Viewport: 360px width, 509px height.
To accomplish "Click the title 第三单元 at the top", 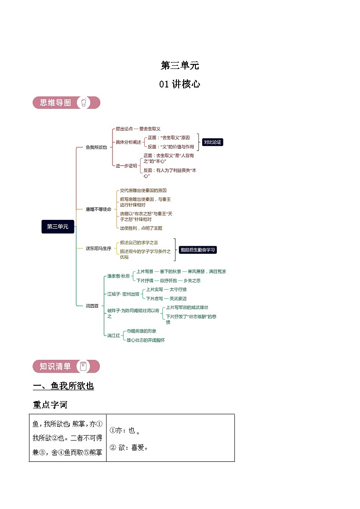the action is (x=180, y=66).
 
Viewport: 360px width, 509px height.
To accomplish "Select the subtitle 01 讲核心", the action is (x=180, y=84).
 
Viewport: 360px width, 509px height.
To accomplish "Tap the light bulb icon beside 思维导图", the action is (x=83, y=103).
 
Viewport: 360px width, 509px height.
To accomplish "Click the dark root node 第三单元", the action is (x=58, y=227).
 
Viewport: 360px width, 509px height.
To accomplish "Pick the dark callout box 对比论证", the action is (x=213, y=142).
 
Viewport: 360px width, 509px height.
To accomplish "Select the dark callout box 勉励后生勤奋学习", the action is (x=198, y=250).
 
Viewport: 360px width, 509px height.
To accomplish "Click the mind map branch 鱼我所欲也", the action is (x=96, y=147).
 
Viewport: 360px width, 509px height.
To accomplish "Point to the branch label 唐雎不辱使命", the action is (x=98, y=209).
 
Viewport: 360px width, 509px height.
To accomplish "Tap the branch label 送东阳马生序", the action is (x=98, y=248).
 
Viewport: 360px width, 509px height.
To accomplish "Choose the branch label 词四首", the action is (x=92, y=306).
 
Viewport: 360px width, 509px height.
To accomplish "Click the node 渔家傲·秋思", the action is (x=118, y=276).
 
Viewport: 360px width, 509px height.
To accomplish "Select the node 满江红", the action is (x=113, y=336).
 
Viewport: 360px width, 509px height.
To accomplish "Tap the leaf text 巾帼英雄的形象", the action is (x=141, y=331).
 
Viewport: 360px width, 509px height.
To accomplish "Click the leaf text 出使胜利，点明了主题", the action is (x=141, y=228).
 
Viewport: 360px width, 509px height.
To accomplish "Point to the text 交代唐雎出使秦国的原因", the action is (x=143, y=191).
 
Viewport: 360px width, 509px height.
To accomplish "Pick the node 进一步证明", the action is (x=126, y=166).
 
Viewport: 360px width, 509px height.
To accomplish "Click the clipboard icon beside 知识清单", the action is (x=83, y=366).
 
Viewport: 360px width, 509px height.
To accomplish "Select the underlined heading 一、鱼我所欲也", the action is (x=63, y=386).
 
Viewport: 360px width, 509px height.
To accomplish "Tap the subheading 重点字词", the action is (x=50, y=404).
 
